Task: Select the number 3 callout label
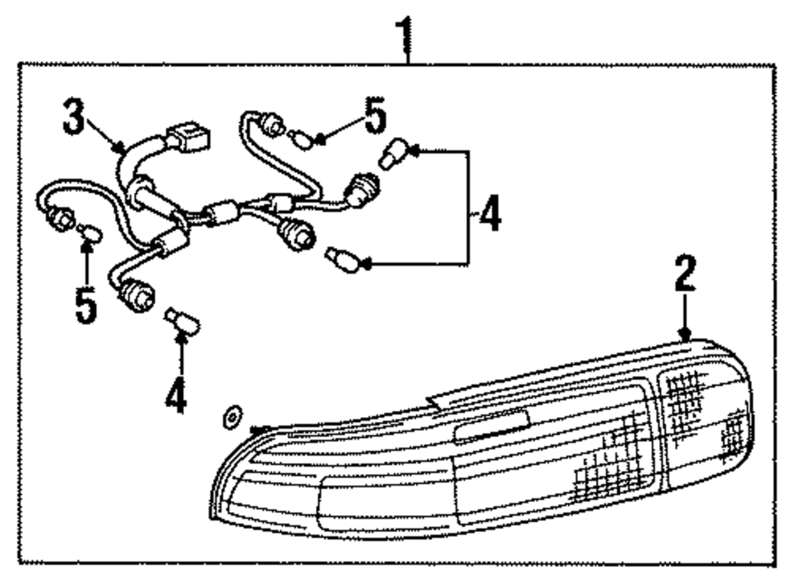tap(74, 119)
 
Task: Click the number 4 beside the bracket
tap(490, 214)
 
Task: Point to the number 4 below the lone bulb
tap(176, 395)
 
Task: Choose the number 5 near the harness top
tap(375, 116)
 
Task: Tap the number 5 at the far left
tap(85, 305)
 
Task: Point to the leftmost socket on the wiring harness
tap(62, 214)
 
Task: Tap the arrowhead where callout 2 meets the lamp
tap(686, 336)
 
